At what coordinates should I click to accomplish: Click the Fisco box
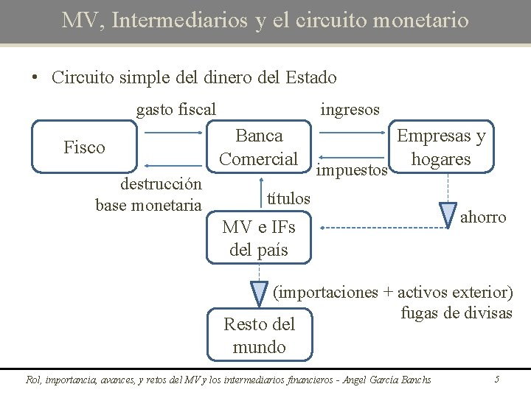click(84, 147)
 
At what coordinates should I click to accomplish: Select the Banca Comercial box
click(259, 147)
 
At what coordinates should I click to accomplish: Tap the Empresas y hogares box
click(441, 147)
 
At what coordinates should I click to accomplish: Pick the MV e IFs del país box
click(259, 239)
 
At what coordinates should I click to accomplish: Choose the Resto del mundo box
click(259, 335)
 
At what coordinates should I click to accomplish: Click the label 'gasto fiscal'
click(176, 110)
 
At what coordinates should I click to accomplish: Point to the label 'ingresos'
click(350, 110)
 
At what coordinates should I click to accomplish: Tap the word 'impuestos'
click(352, 170)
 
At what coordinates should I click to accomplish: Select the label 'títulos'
click(288, 198)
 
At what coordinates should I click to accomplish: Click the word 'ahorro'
click(483, 217)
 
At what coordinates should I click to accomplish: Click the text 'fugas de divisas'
click(456, 313)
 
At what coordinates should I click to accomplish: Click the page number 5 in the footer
click(497, 380)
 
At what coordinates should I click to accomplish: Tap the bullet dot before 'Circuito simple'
click(35, 78)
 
